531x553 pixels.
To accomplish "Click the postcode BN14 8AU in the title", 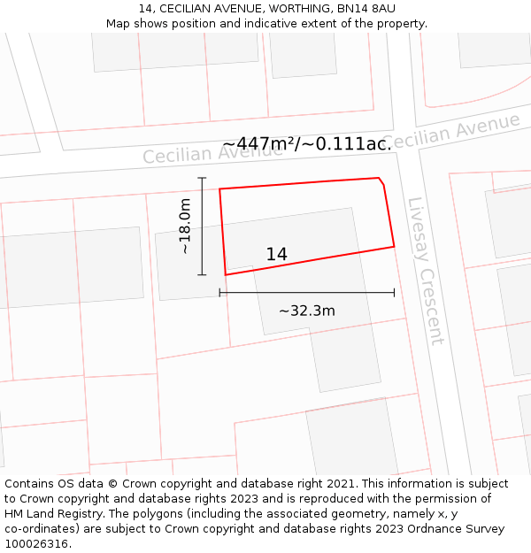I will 366,9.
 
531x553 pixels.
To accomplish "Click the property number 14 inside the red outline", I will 276,255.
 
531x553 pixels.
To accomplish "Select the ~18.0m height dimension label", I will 185,227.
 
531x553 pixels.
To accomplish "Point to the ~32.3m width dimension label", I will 307,311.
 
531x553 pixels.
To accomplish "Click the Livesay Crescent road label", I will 425,270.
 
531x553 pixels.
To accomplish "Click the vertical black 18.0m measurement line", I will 202,227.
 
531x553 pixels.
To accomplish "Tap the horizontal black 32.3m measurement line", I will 306,292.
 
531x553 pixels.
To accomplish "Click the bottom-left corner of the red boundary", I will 227,274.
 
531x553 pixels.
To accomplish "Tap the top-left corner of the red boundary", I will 219,188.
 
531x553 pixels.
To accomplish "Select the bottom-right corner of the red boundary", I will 394,246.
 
